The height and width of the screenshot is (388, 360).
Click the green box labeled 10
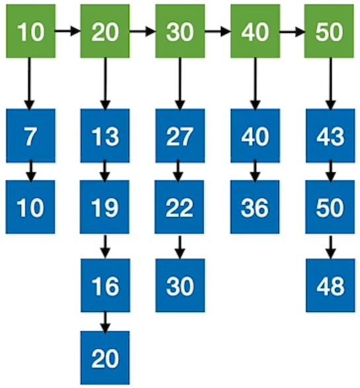click(30, 31)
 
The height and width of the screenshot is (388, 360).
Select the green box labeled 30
click(180, 31)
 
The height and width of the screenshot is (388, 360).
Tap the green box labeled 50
click(329, 31)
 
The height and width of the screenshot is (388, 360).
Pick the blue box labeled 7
click(30, 136)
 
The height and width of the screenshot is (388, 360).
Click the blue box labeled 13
click(105, 136)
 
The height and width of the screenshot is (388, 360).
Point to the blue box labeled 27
click(180, 136)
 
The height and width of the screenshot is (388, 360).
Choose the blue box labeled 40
click(255, 136)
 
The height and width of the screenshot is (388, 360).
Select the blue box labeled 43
click(330, 136)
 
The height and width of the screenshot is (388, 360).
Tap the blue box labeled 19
click(105, 207)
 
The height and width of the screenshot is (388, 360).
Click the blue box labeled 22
click(179, 207)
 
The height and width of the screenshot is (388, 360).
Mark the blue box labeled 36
click(255, 207)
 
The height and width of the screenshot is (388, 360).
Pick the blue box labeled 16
click(105, 285)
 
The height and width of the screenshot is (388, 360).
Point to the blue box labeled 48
click(330, 285)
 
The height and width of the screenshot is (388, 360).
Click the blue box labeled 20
click(105, 358)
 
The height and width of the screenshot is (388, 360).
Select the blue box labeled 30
click(180, 285)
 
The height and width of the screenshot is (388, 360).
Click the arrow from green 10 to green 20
click(67, 31)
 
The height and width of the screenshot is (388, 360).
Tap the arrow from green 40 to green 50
click(292, 31)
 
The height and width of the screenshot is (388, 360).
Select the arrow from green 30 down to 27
click(180, 83)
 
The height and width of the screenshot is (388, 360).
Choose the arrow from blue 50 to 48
click(331, 247)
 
